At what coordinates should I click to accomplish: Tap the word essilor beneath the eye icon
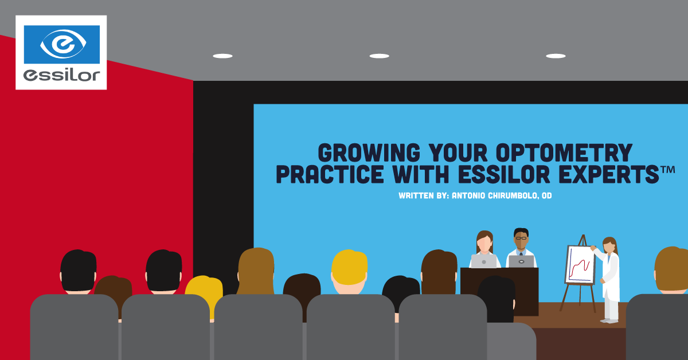click(61, 75)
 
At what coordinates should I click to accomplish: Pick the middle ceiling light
click(379, 56)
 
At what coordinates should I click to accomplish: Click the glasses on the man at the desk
click(521, 238)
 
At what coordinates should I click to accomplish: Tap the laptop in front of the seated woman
click(484, 261)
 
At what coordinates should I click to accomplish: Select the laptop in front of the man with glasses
click(521, 261)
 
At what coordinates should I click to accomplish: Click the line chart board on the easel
click(580, 265)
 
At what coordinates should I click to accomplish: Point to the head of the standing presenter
click(609, 246)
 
